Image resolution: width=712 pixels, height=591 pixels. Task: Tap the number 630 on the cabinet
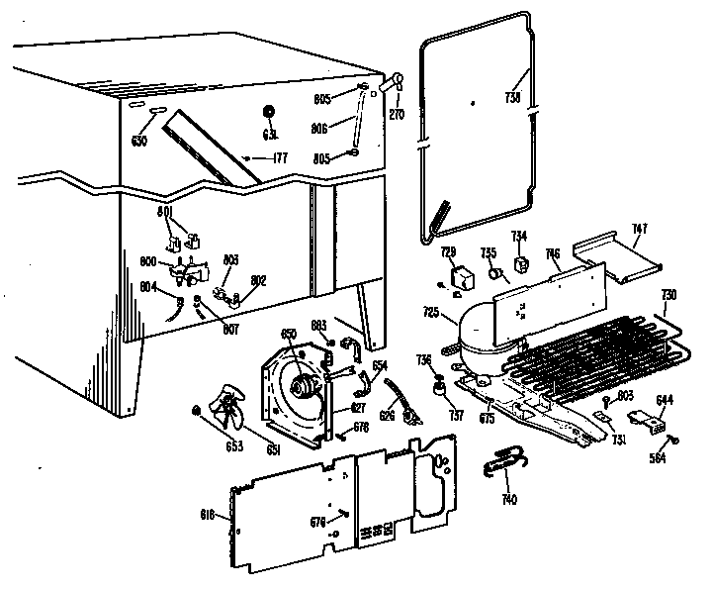coord(138,142)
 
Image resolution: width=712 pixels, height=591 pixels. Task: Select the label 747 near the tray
coord(640,229)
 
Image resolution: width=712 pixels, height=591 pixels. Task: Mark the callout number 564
coord(658,458)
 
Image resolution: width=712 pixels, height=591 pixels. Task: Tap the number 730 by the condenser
coord(668,295)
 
